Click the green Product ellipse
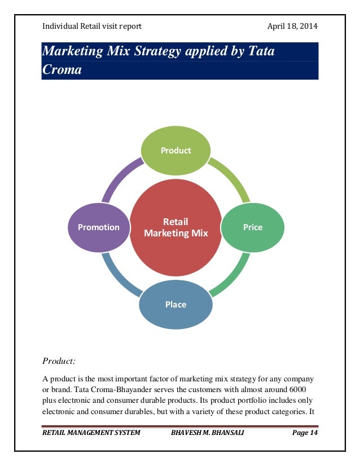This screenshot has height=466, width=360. (x=175, y=151)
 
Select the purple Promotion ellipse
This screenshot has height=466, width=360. (x=99, y=227)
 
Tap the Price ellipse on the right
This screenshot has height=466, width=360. (x=252, y=227)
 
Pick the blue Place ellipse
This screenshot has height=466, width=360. (x=175, y=304)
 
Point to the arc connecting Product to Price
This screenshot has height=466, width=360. (x=232, y=178)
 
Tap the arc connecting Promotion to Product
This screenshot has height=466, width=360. (x=120, y=177)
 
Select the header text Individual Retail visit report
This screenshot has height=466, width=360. (x=92, y=27)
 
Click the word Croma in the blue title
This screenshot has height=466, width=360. (x=62, y=70)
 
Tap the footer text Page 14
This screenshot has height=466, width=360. (x=305, y=433)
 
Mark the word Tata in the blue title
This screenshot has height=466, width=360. (x=259, y=52)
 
